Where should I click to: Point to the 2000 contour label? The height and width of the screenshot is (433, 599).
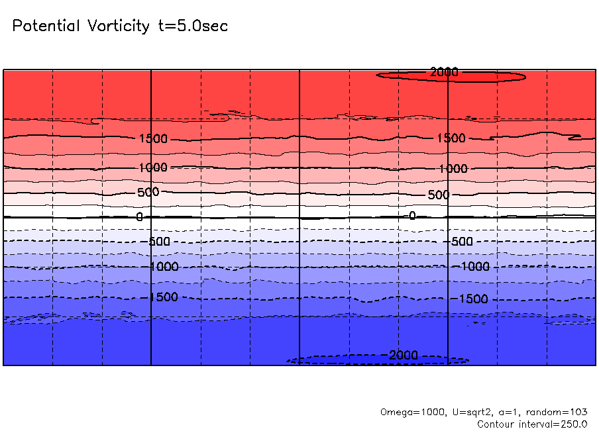tap(444, 72)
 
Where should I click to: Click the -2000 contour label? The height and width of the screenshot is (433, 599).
tap(401, 356)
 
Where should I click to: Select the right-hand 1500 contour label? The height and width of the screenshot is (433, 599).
tap(451, 138)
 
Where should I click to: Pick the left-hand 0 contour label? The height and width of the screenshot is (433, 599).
tap(139, 217)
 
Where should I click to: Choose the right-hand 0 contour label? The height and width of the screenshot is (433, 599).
tap(412, 216)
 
